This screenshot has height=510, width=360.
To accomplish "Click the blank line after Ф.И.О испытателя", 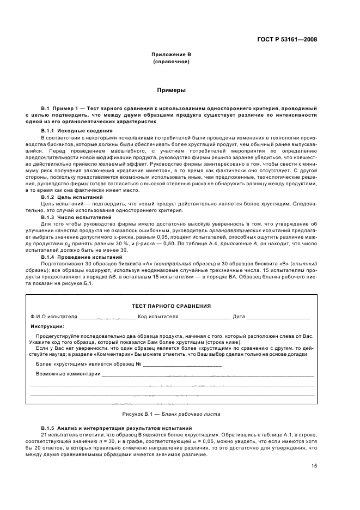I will click(x=107, y=317).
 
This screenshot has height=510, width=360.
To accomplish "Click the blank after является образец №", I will click(x=182, y=363).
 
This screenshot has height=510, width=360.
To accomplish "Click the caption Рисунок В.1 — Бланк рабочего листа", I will click(x=171, y=414).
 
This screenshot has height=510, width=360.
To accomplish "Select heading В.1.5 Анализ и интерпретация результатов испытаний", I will click(x=108, y=429).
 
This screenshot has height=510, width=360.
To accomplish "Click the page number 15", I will click(x=314, y=466).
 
